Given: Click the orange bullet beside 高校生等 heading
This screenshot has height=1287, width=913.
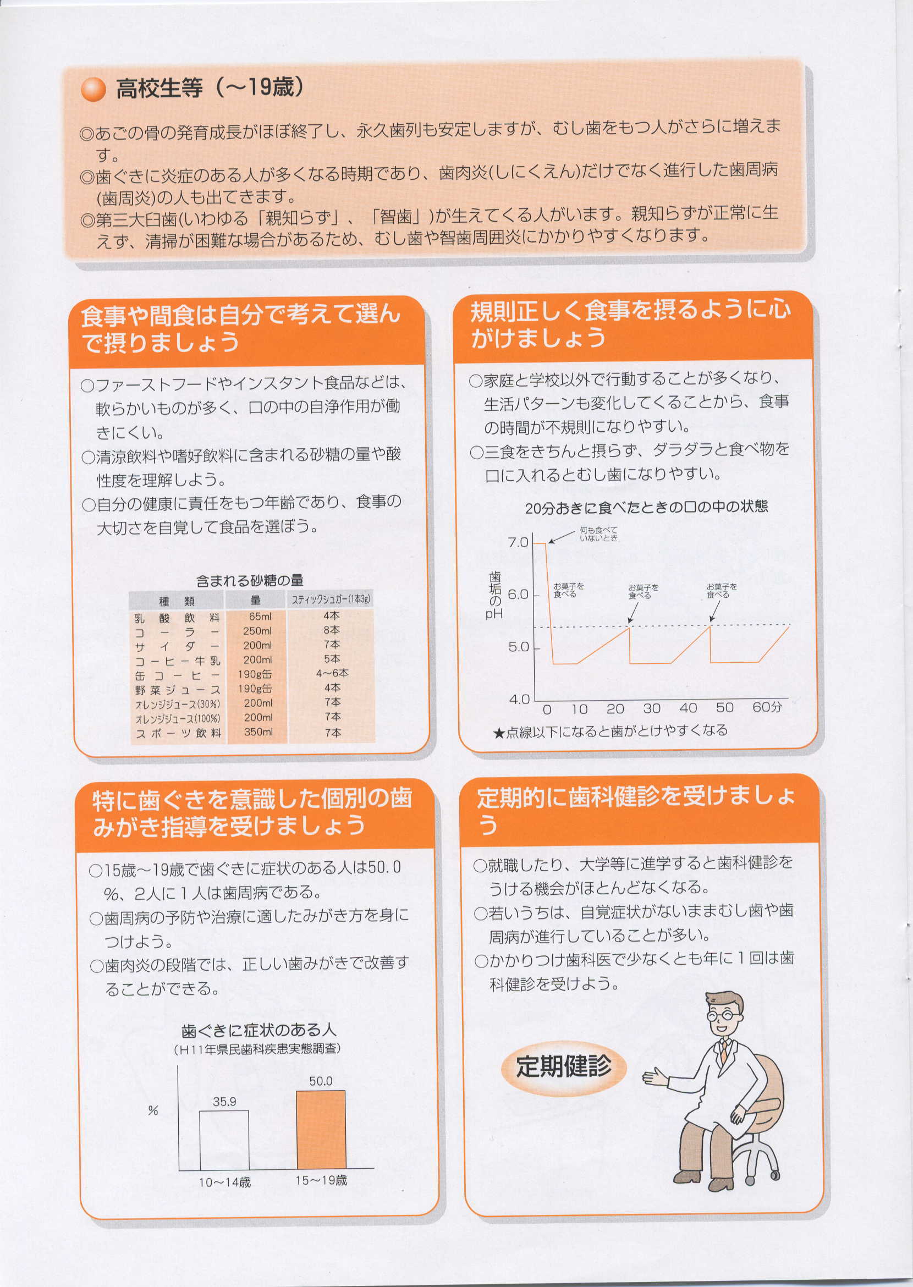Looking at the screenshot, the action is point(93,89).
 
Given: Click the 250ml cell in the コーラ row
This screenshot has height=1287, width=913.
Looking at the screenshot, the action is point(257,631).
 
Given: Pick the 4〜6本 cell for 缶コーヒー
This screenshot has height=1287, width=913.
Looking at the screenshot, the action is point(332,673).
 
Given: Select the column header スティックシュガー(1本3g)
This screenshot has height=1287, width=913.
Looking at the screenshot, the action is point(331,600).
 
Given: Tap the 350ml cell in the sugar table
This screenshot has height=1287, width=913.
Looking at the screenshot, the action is point(258,732).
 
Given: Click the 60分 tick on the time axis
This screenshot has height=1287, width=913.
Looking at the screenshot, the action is point(767,707).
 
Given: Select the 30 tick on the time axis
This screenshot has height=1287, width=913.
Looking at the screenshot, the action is point(652,708).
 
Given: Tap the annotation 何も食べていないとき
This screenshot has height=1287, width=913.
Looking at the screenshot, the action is point(599,534).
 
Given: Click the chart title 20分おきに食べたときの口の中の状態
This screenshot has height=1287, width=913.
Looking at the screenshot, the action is point(646,507).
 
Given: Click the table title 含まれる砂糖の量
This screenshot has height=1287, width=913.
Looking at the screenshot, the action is point(250,580).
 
